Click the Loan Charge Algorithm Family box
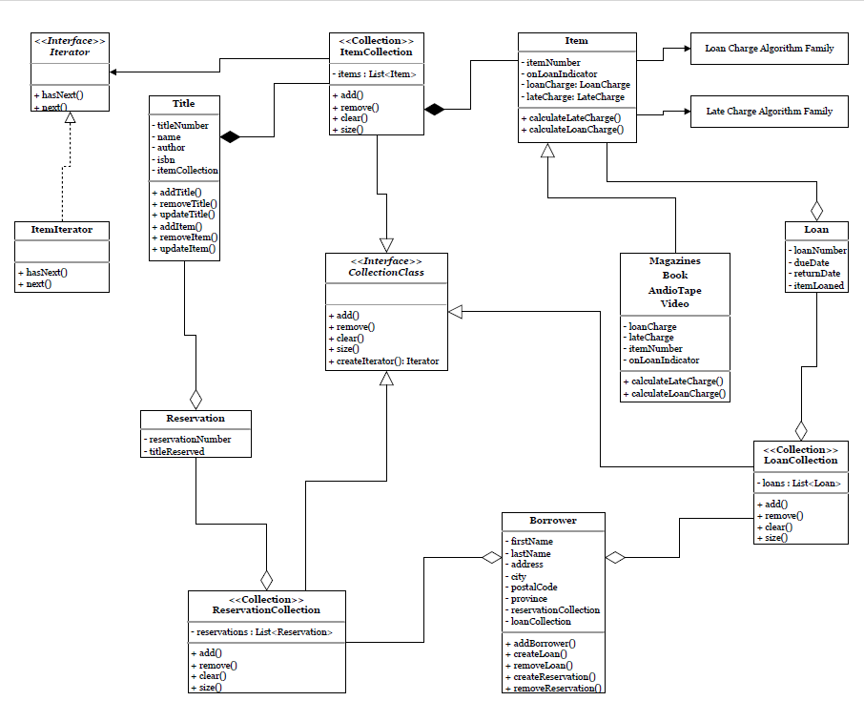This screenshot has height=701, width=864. (x=769, y=48)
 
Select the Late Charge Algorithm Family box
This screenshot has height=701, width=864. (x=769, y=112)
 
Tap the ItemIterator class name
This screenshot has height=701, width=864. (x=62, y=230)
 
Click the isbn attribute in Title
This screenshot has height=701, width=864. (x=166, y=159)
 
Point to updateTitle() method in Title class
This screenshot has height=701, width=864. (x=188, y=215)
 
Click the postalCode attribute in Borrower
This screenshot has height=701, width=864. (x=534, y=588)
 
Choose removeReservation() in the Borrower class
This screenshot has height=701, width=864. (x=558, y=688)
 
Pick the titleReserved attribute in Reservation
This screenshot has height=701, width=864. (x=176, y=451)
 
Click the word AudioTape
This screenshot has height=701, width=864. (x=674, y=290)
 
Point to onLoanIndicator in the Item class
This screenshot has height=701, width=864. (x=563, y=73)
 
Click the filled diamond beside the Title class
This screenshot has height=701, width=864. (x=230, y=137)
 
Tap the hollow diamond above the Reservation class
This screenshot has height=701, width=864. (x=196, y=399)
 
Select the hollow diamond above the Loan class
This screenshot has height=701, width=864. (x=816, y=210)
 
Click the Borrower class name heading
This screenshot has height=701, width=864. (x=553, y=521)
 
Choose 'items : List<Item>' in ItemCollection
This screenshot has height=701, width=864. (x=377, y=73)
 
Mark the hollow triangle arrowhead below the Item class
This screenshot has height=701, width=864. (x=547, y=151)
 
